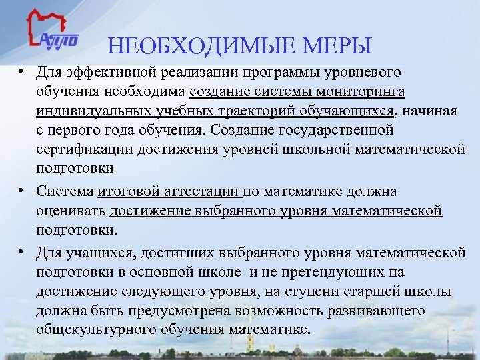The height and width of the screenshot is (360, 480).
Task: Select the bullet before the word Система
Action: [x=22, y=191]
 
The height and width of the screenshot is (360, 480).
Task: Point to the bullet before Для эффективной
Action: [x=22, y=71]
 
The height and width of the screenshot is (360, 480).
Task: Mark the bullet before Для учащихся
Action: [x=22, y=253]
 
